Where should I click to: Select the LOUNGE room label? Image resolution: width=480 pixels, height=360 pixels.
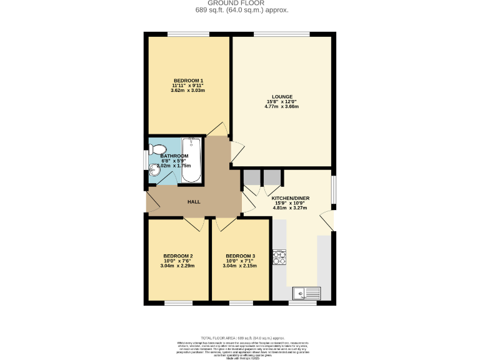click(x=282, y=97)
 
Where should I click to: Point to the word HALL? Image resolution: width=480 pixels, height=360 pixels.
click(x=194, y=202)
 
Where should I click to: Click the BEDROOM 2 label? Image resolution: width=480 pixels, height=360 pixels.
click(x=177, y=256)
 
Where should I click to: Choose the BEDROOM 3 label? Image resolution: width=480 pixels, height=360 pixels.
click(x=241, y=256)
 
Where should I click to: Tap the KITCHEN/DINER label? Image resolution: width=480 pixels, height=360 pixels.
click(x=291, y=198)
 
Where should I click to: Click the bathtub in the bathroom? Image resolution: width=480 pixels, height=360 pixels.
click(x=191, y=160)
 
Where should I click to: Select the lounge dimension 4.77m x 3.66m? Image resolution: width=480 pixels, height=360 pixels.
click(x=282, y=107)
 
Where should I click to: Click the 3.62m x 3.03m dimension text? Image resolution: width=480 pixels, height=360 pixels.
click(x=187, y=91)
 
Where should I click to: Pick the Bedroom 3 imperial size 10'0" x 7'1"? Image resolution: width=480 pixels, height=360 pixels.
click(x=241, y=261)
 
